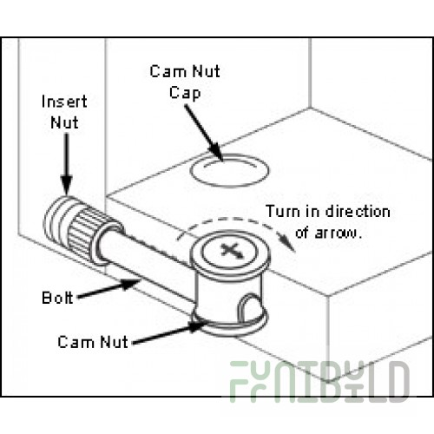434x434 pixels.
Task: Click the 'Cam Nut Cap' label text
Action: (185, 82)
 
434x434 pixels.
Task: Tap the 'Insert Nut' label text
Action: (64, 112)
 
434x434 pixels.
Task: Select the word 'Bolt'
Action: (57, 298)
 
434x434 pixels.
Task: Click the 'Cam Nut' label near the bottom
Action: (93, 342)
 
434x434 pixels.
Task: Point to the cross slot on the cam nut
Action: (232, 250)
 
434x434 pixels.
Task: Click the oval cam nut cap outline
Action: (229, 171)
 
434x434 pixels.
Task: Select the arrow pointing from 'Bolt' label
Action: (109, 288)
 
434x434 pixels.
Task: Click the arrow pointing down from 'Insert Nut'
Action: (67, 163)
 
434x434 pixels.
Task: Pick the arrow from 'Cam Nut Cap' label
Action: (204, 133)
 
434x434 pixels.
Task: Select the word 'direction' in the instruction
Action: (358, 212)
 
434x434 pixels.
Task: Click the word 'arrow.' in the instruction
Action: (339, 233)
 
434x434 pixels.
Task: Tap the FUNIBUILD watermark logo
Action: (319, 381)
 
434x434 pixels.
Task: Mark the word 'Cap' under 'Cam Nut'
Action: (185, 94)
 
